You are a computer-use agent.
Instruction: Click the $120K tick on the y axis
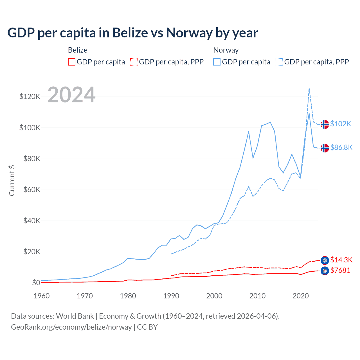30,97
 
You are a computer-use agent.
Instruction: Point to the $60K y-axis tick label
32,190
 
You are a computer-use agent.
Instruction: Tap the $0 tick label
36,283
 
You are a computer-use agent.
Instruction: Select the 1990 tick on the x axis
171,296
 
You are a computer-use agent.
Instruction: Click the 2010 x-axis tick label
257,296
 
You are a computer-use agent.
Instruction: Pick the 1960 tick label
42,296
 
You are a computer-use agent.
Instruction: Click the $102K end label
341,124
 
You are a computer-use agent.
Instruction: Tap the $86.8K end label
341,147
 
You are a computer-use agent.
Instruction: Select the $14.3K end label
341,260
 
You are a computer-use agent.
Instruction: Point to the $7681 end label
340,271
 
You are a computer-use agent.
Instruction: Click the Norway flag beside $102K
325,124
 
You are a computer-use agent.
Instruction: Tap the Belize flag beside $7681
325,271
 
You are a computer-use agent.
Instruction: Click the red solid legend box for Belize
72,62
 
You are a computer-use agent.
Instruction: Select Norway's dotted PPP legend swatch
279,62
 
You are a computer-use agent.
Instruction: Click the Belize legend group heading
78,50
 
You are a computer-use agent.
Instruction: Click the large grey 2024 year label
71,95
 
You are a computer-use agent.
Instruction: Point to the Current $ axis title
12,181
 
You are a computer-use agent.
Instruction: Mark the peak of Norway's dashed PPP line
309,88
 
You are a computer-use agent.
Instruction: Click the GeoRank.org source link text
71,327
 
